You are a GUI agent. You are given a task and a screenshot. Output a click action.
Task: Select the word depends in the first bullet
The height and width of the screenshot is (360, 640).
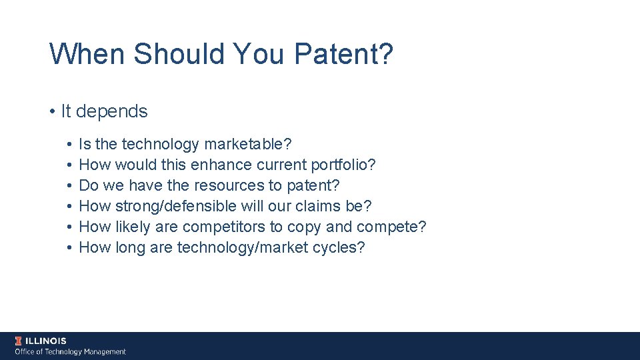(111, 111)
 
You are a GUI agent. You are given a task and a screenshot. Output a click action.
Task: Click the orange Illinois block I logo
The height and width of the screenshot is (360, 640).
(19, 341)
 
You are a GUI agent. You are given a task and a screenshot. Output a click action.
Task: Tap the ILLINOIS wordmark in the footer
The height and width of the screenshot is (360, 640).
(46, 341)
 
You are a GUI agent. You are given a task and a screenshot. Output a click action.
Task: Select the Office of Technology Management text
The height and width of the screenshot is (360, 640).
(70, 351)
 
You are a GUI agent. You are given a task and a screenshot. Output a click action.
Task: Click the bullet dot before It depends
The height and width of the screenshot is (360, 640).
(52, 111)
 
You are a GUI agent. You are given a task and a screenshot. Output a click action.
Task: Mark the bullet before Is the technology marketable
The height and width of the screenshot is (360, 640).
(69, 144)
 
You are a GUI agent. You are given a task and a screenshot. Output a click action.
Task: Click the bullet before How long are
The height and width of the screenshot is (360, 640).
(69, 247)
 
